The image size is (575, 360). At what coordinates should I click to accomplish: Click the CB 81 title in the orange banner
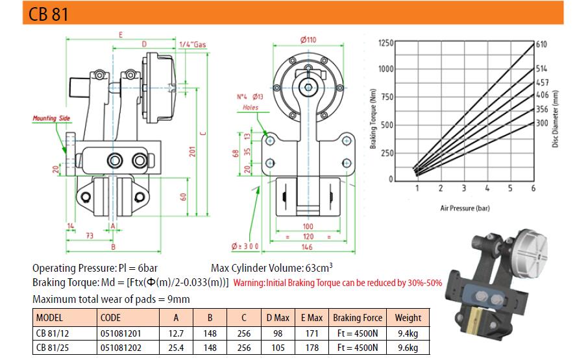[49, 14]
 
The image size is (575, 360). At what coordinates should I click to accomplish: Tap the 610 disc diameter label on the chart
[541, 44]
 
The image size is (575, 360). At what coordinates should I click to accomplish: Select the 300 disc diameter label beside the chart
[542, 123]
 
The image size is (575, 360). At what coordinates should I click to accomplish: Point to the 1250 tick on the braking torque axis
[385, 43]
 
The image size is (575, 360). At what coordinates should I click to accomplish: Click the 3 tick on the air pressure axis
[464, 188]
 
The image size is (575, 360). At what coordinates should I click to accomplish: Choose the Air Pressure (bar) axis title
[465, 208]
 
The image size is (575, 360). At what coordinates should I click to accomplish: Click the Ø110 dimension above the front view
[308, 40]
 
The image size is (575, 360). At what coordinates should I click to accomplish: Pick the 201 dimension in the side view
[193, 151]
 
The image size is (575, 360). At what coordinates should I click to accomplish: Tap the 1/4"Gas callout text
[193, 44]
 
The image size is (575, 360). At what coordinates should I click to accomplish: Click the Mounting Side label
[51, 118]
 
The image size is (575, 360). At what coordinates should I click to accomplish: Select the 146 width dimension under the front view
[308, 247]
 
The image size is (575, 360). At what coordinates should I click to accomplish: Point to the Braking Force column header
[358, 318]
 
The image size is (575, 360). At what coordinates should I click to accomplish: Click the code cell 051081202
[121, 348]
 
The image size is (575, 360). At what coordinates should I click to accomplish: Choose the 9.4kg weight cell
[408, 333]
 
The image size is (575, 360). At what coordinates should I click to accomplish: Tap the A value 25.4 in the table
[176, 348]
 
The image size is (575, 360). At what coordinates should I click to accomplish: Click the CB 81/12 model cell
[53, 333]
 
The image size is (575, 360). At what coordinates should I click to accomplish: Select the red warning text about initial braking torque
[337, 283]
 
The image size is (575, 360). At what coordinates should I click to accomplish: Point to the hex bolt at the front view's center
[308, 88]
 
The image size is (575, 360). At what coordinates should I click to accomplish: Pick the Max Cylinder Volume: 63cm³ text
[272, 268]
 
